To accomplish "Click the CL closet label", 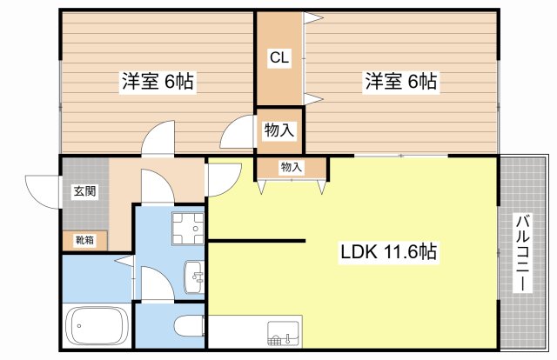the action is [x=279, y=57].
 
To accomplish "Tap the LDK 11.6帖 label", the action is [x=389, y=251].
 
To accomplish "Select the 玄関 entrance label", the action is [x=85, y=191].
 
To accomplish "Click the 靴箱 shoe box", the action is [x=85, y=240].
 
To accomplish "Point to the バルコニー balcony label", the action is [x=523, y=252].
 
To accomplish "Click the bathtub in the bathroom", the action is [x=97, y=325].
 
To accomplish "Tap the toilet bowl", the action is [x=189, y=325].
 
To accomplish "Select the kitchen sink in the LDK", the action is [x=284, y=333].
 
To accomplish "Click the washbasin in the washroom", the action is [x=194, y=277].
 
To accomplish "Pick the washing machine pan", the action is [x=188, y=229].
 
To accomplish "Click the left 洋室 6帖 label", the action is [x=158, y=81].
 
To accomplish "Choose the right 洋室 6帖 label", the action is [x=401, y=81].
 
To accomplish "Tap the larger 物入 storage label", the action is [x=279, y=130].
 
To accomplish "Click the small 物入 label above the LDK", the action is [x=292, y=167].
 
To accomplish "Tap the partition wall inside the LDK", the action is [x=257, y=241].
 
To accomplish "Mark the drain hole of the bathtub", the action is [x=79, y=325].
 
